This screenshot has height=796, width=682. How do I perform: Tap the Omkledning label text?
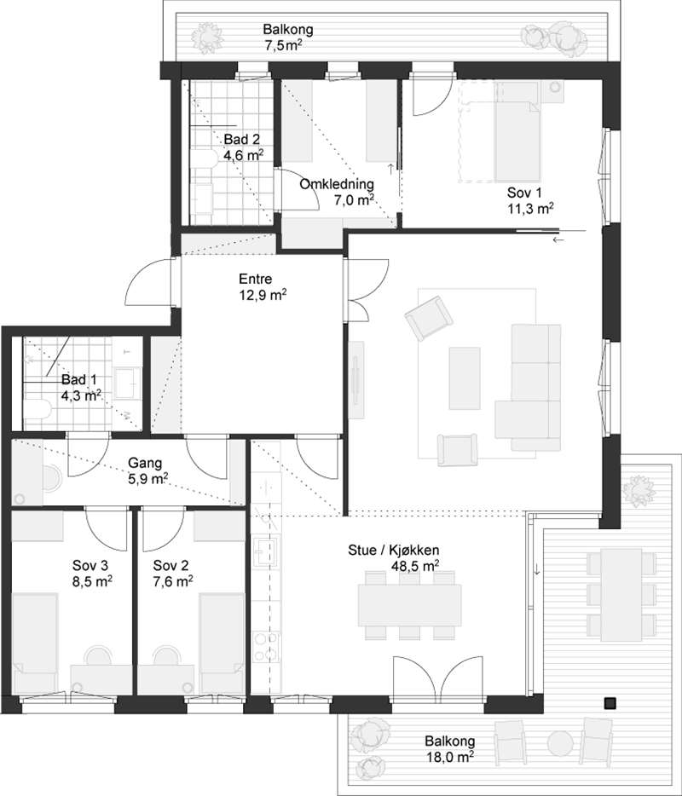point(337,184)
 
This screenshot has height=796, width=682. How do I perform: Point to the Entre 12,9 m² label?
point(263,286)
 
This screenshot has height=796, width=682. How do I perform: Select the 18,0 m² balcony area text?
point(450,758)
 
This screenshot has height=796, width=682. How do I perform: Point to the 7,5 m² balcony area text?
point(283,44)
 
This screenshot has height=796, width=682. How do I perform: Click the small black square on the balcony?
point(610,703)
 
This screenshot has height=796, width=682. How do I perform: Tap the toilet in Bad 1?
point(38,409)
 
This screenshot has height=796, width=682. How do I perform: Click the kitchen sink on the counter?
point(267,551)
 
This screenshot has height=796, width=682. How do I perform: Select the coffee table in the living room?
point(465,378)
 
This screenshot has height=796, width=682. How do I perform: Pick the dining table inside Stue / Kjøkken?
point(410,605)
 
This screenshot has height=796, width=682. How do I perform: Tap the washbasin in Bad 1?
point(125,383)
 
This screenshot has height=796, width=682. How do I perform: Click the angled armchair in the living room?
point(429,318)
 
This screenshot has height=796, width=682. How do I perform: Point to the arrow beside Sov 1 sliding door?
point(558,239)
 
